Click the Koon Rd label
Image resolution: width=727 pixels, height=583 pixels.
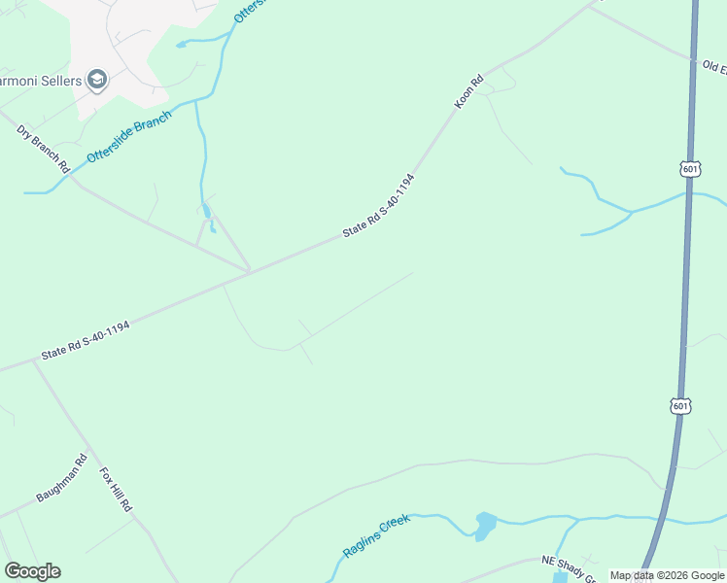point(468,92)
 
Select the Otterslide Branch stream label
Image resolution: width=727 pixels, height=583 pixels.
point(129,137)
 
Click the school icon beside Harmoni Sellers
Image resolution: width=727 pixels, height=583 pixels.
point(96,79)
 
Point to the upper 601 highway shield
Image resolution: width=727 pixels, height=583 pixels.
point(690,169)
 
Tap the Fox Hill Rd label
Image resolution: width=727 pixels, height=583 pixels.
point(116,490)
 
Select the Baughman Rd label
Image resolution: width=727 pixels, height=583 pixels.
point(62,481)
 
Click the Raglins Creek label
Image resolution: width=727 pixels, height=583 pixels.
point(377,536)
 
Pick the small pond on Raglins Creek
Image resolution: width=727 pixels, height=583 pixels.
point(483,527)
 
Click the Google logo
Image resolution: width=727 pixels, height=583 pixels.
point(32,571)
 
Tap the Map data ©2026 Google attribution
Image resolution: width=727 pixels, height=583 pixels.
point(666,575)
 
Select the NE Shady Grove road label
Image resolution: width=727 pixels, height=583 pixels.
point(569,567)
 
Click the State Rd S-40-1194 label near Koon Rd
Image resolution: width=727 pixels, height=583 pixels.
point(378,206)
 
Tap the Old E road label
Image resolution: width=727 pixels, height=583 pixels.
point(714,67)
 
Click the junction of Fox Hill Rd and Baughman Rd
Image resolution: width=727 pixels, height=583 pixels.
point(89,452)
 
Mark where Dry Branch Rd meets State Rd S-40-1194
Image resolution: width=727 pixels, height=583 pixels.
point(250,271)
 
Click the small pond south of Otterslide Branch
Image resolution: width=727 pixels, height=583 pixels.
point(206,211)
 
